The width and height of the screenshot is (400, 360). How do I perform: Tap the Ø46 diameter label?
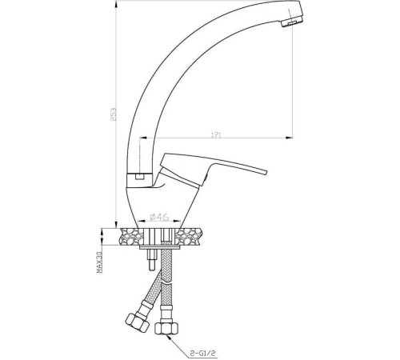tap(160, 216)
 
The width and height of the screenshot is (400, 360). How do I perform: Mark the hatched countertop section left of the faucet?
tap(130, 237)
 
